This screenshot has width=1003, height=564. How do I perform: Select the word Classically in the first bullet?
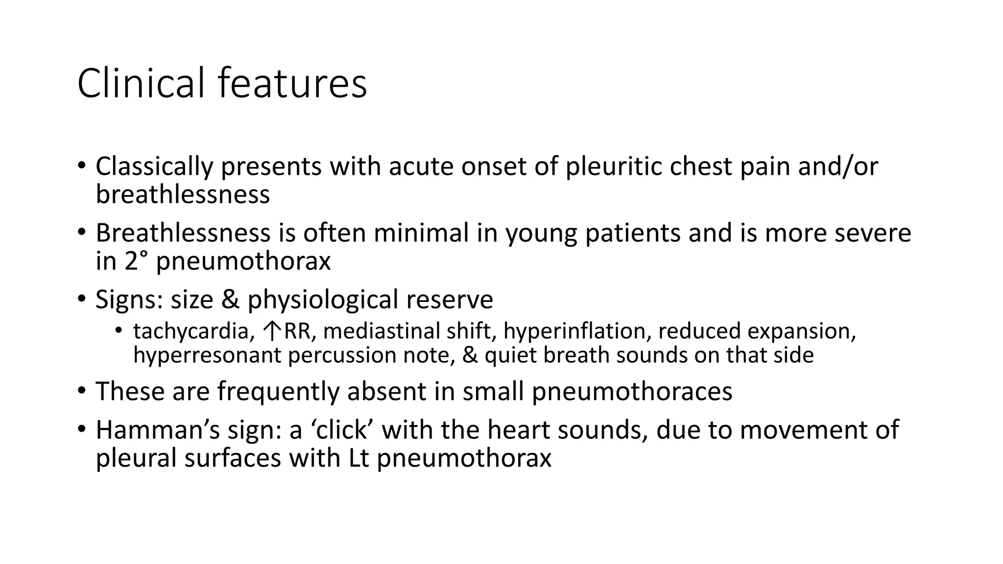point(154,166)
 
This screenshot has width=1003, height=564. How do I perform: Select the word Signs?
point(129,300)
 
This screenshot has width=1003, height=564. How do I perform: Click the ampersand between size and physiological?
point(230,300)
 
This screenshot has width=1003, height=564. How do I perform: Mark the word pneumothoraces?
point(632,392)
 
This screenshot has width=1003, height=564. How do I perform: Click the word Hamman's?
point(157,430)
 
